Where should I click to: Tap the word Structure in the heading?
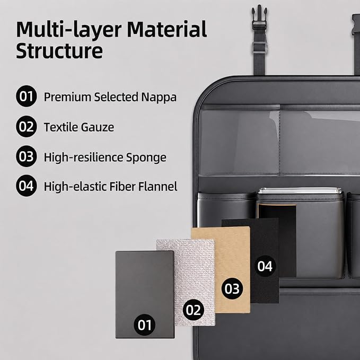pyautogui.click(x=59, y=51)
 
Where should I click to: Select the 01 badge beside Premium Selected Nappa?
pyautogui.click(x=27, y=96)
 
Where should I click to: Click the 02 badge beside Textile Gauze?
pyautogui.click(x=27, y=127)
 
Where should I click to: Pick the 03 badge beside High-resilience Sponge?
pyautogui.click(x=27, y=156)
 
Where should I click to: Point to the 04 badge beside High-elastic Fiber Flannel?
pyautogui.click(x=27, y=186)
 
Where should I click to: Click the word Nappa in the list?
pyautogui.click(x=159, y=98)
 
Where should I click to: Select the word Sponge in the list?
pyautogui.click(x=146, y=158)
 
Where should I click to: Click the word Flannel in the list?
pyautogui.click(x=157, y=187)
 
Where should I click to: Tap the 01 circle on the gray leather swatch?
pyautogui.click(x=144, y=325)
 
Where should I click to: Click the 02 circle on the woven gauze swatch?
pyautogui.click(x=194, y=310)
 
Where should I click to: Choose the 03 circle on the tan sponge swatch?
pyautogui.click(x=232, y=288)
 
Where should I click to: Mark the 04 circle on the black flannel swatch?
pyautogui.click(x=265, y=266)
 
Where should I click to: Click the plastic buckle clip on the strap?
pyautogui.click(x=259, y=17)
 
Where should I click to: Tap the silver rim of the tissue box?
pyautogui.click(x=300, y=191)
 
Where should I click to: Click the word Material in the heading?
pyautogui.click(x=166, y=29)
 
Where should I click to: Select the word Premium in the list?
pyautogui.click(x=67, y=98)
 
